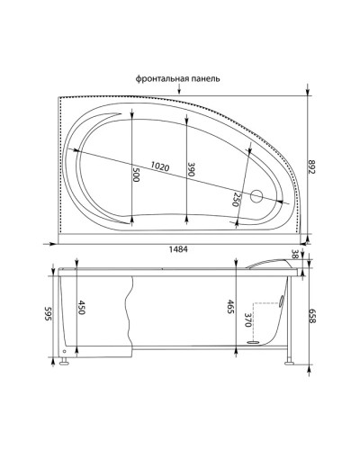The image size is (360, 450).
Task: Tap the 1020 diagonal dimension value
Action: pyautogui.click(x=162, y=166)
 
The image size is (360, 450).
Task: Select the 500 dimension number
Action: pyautogui.click(x=136, y=175)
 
